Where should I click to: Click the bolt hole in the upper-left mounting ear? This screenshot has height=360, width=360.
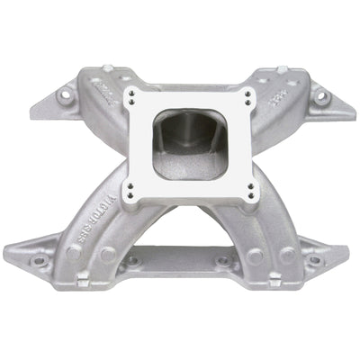(x=64, y=93)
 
